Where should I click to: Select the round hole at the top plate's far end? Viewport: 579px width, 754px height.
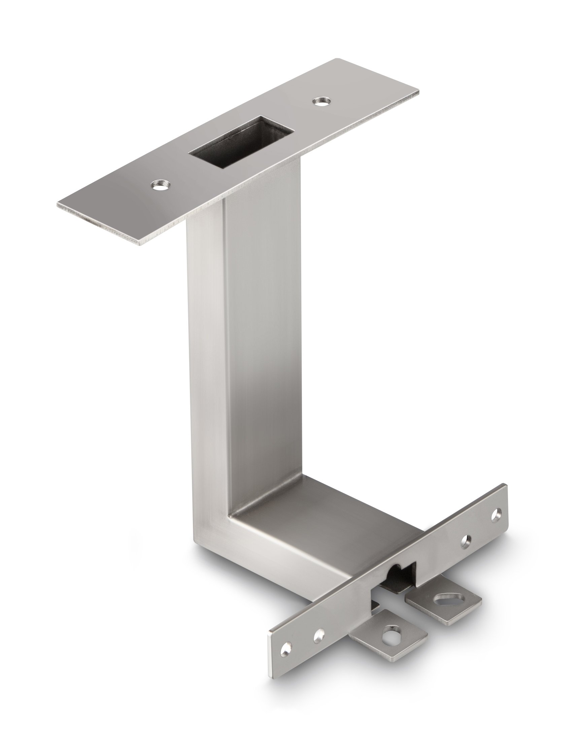[321, 101]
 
